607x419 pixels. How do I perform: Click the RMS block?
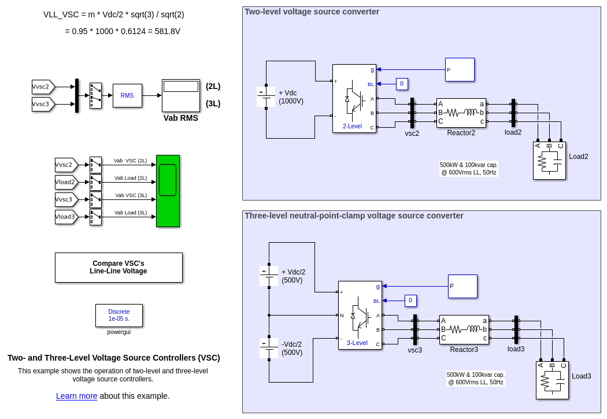click(x=127, y=95)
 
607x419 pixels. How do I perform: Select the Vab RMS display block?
click(x=181, y=95)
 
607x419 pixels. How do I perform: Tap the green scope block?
click(x=168, y=191)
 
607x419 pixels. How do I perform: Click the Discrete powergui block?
click(x=119, y=316)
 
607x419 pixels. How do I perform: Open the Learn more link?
click(x=77, y=396)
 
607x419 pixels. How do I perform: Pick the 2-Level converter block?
click(x=354, y=98)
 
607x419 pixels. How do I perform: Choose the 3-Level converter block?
click(x=360, y=315)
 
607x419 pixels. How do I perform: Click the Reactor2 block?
click(x=461, y=113)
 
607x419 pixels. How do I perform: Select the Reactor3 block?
click(x=464, y=329)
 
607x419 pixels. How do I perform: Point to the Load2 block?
click(x=549, y=161)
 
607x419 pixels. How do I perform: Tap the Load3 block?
click(x=552, y=380)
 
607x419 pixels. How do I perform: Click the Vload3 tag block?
click(x=66, y=217)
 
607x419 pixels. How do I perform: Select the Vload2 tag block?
click(x=66, y=183)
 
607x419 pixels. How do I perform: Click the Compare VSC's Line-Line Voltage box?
click(x=119, y=268)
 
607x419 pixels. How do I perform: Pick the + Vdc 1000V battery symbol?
click(x=266, y=97)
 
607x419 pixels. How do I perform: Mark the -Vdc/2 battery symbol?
click(x=269, y=348)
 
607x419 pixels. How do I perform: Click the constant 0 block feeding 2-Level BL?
click(x=402, y=84)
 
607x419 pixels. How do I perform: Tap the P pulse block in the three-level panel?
click(x=462, y=286)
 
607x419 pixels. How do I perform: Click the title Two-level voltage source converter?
click(x=312, y=12)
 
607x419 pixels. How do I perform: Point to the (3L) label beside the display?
click(x=213, y=103)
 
